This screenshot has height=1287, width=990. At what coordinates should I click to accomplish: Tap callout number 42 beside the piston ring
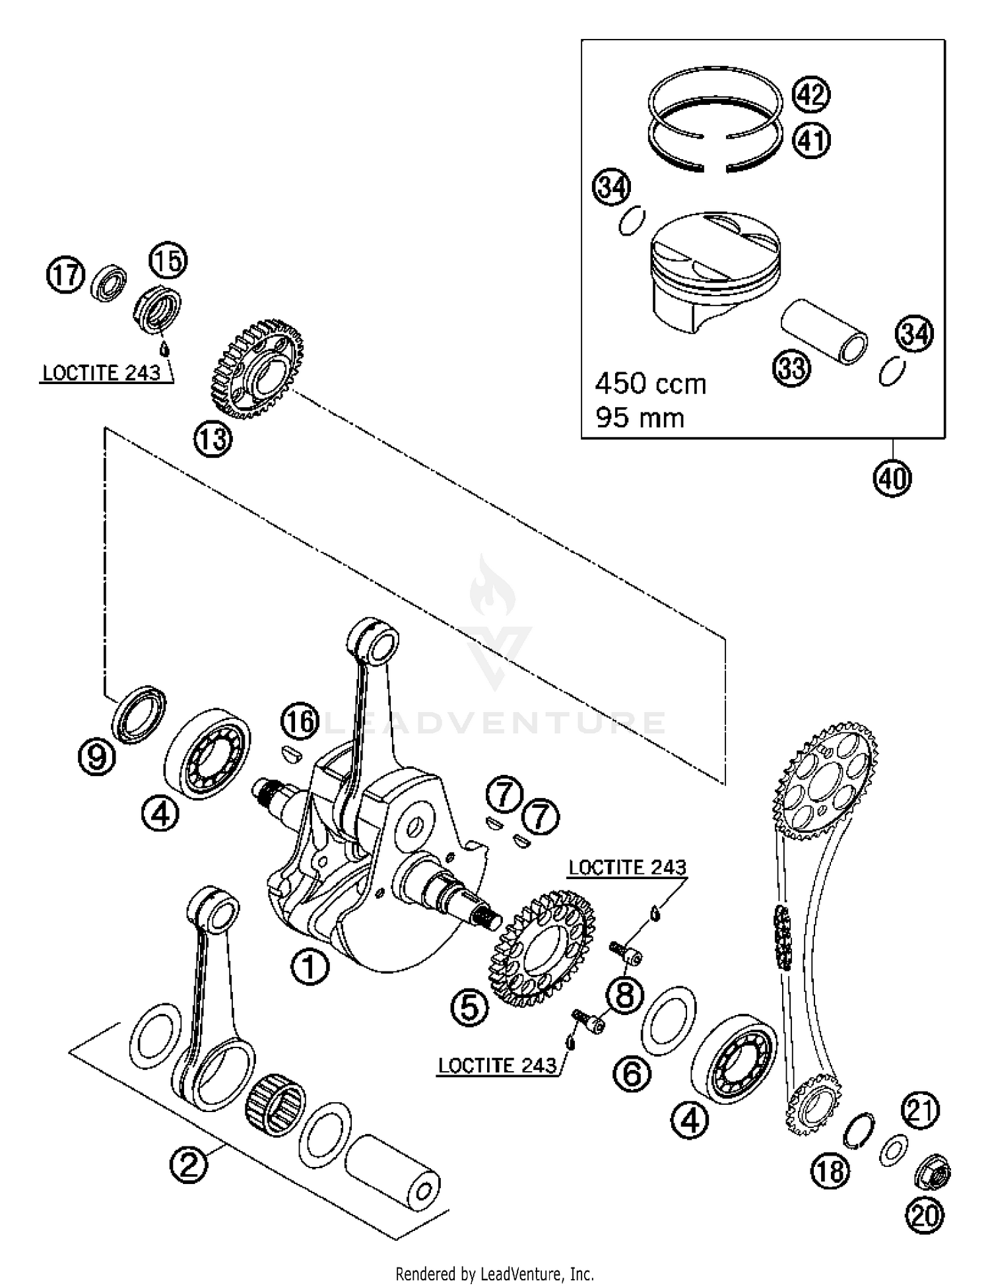(811, 94)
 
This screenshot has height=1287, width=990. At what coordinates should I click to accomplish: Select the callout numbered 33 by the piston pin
(791, 367)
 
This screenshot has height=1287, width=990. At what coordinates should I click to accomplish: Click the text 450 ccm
(650, 384)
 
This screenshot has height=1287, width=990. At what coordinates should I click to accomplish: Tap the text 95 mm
(640, 418)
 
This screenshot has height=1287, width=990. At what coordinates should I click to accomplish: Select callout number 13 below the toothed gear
(213, 439)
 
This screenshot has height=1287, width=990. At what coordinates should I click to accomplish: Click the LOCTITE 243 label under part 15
(101, 373)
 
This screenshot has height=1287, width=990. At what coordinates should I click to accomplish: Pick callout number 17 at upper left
(65, 275)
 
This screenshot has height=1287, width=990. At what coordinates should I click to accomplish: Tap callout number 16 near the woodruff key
(300, 721)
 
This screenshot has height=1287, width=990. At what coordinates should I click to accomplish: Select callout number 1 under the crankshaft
(310, 968)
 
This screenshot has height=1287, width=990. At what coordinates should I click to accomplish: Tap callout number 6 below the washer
(632, 1074)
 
